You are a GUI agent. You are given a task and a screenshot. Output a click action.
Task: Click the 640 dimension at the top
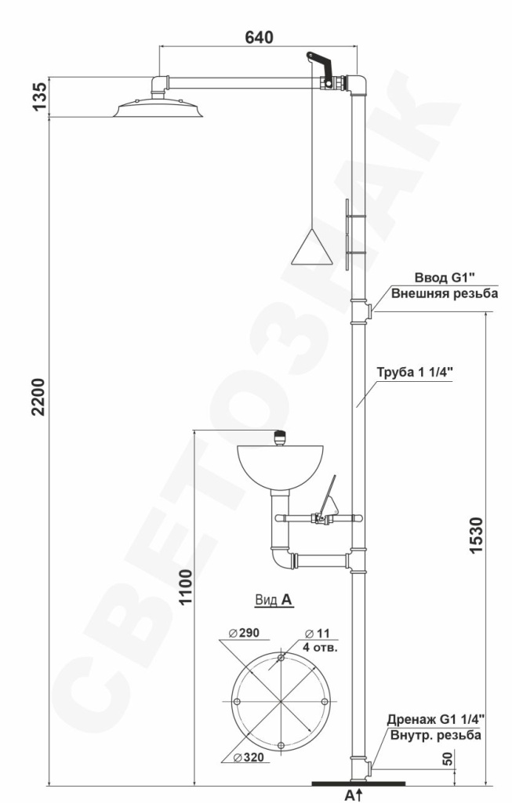pyautogui.click(x=259, y=38)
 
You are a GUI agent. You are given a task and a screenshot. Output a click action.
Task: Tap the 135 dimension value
pyautogui.click(x=39, y=96)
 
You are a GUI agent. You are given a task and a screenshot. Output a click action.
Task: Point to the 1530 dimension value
pyautogui.click(x=476, y=536)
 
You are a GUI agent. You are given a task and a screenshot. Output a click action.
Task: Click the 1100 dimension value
pyautogui.click(x=185, y=587)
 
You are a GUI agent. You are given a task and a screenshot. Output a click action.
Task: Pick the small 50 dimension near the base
pyautogui.click(x=448, y=759)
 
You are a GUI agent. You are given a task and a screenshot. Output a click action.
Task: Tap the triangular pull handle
pyautogui.click(x=311, y=247)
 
